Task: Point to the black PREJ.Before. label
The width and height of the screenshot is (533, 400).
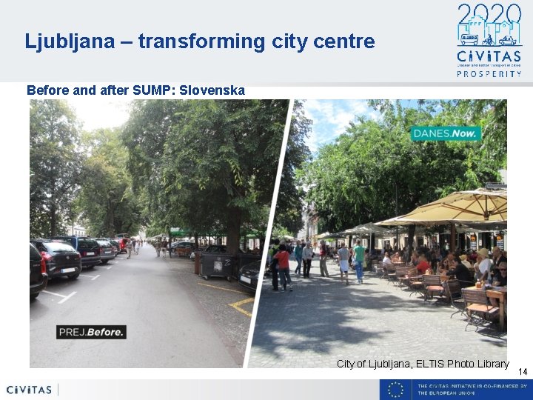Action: [x=92, y=331]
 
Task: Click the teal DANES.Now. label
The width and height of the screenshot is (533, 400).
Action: [x=446, y=133]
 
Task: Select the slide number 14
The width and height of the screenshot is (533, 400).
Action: [x=522, y=371]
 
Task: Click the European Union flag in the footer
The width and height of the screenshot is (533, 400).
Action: [x=395, y=390]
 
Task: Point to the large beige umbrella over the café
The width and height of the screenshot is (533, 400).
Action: [x=455, y=207]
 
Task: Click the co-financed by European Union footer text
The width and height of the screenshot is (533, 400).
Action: [x=472, y=390]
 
